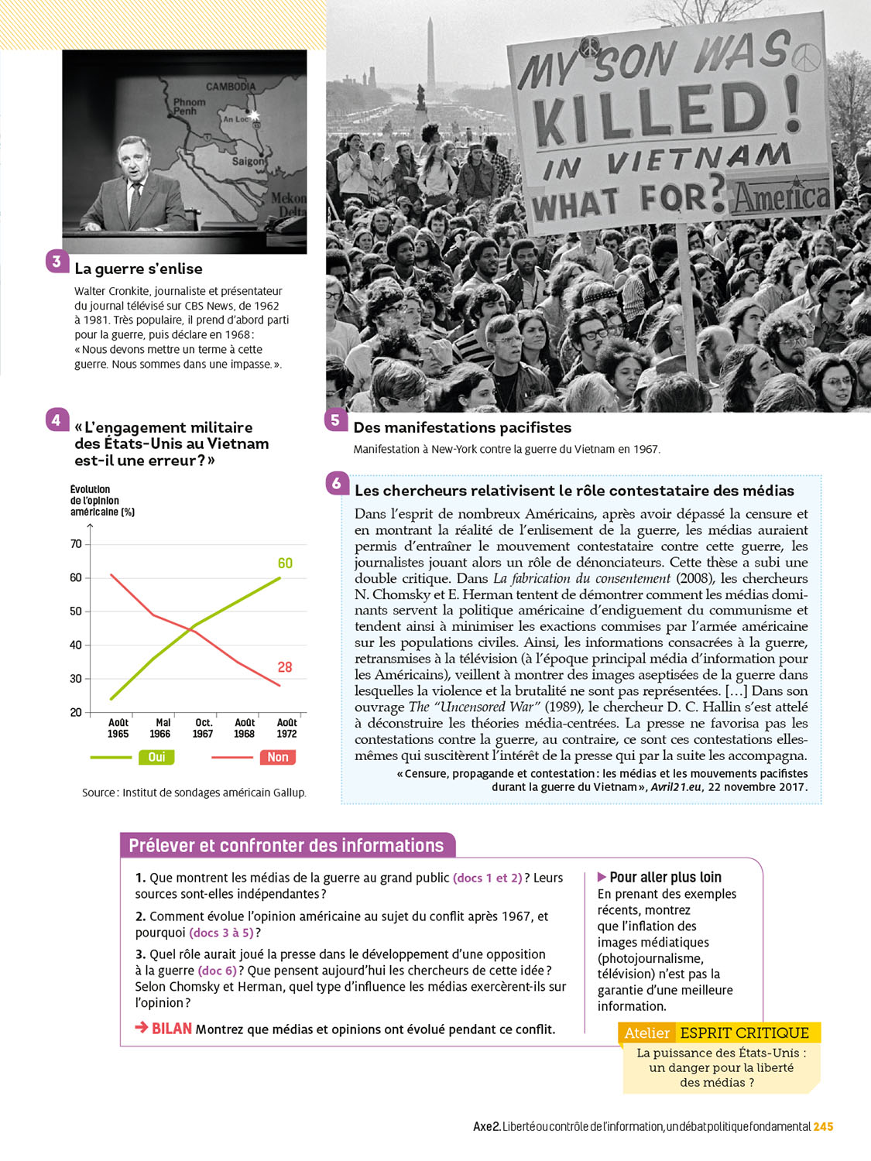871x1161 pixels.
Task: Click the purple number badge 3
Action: pos(57,262)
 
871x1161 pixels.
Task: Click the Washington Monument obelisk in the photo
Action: pos(430,58)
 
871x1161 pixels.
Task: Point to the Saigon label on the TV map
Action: pos(248,162)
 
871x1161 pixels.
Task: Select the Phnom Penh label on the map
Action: pos(188,107)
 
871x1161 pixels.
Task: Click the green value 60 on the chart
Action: pos(285,563)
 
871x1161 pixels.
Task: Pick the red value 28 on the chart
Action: pos(285,667)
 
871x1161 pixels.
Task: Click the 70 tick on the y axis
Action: pos(76,544)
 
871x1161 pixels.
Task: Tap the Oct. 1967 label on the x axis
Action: pos(203,728)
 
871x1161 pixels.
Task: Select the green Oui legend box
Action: pos(156,757)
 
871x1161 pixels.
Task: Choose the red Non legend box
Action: pos(278,757)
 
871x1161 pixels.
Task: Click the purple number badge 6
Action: pos(336,484)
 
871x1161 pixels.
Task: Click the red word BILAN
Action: pos(171,1029)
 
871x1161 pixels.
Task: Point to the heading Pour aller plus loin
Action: pos(665,877)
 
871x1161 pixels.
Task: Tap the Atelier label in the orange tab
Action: pos(647,1033)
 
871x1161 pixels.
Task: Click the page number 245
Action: pos(823,1126)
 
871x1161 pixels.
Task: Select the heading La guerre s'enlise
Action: pos(139,269)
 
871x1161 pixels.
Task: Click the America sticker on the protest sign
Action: pos(780,197)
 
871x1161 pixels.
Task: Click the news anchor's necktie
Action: pos(136,200)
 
